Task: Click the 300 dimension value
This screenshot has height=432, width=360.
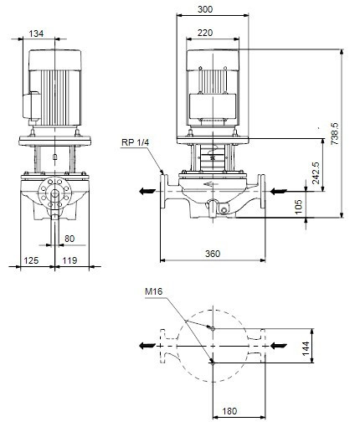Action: (x=205, y=9)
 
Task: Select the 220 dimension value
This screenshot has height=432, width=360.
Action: (x=205, y=33)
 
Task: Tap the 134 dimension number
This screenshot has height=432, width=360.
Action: (x=36, y=33)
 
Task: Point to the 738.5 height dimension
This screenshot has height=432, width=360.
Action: (x=335, y=133)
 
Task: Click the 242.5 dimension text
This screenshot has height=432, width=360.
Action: (x=316, y=172)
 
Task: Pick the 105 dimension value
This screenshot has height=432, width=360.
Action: (x=298, y=207)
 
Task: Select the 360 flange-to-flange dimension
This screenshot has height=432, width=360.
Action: (x=213, y=254)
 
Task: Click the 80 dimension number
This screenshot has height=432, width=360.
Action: (x=69, y=239)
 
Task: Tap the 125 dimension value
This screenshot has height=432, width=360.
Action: (x=31, y=260)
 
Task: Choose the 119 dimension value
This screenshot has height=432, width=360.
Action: (x=69, y=260)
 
